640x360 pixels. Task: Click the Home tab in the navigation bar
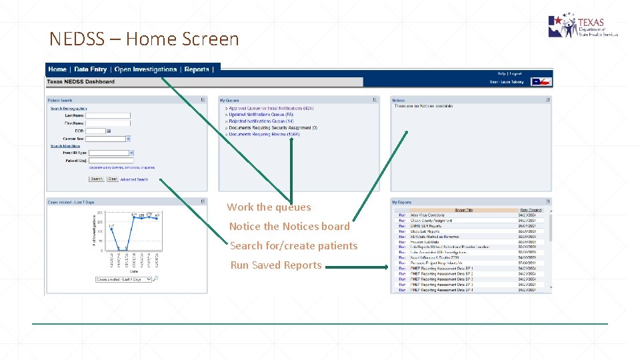point(57,69)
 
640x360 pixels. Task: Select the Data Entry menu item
point(90,69)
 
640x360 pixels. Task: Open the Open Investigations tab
point(145,69)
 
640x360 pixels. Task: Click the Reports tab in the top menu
point(197,69)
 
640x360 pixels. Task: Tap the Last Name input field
point(108,115)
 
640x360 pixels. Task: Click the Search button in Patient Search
point(97,179)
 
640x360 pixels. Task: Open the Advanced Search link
point(134,180)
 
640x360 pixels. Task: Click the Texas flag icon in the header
point(541,82)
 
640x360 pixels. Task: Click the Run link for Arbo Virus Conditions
point(402,215)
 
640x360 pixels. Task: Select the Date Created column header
point(531,210)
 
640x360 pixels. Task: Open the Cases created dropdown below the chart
point(123,279)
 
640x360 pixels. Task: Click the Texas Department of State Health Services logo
point(581,27)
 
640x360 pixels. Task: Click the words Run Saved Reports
point(276,265)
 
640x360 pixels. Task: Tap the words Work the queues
point(269,207)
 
